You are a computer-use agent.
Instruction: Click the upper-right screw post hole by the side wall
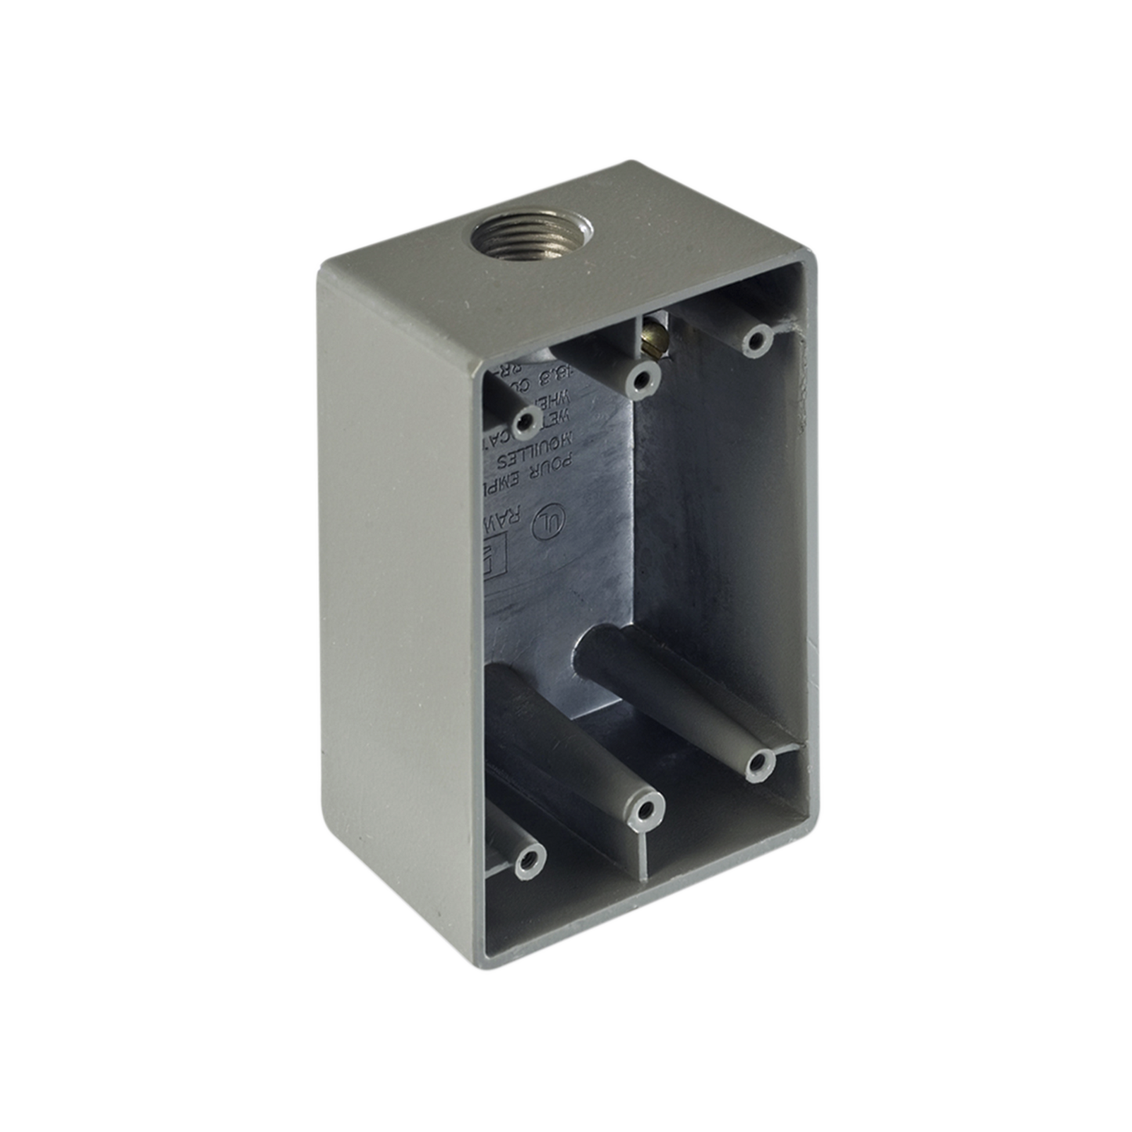755,339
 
